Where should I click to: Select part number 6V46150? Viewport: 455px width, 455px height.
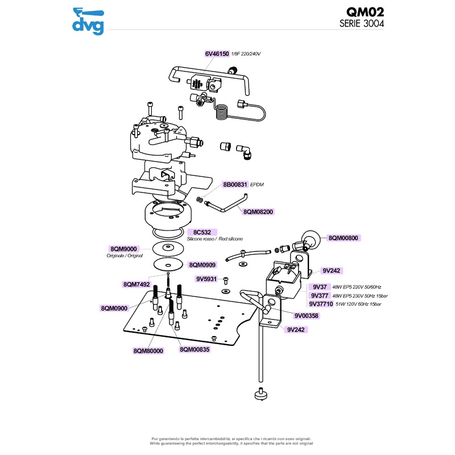tap(217, 53)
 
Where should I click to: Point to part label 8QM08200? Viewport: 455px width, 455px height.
tap(259, 212)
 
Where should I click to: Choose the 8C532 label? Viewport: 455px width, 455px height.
tap(202, 232)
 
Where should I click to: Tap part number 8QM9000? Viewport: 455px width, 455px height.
tap(123, 249)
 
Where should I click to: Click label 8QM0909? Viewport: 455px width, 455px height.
tap(202, 264)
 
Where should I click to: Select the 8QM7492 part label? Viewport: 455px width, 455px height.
tap(136, 284)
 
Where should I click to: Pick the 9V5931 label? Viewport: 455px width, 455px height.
tap(207, 279)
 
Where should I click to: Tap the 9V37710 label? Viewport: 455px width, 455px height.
tap(321, 304)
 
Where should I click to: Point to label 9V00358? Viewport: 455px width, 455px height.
tap(307, 315)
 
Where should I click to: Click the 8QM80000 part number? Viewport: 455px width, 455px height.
tap(148, 351)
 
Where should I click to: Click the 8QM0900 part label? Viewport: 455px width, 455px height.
tap(115, 308)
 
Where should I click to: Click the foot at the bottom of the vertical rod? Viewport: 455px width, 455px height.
tap(260, 393)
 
